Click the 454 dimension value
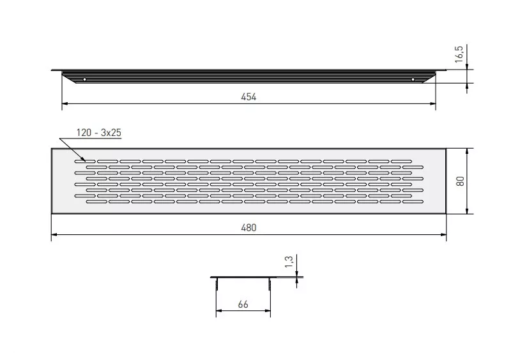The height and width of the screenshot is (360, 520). coord(249,97)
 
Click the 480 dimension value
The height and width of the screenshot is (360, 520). coord(249,228)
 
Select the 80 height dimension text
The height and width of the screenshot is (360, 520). coord(461,181)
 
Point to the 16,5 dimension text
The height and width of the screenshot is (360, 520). coord(459,54)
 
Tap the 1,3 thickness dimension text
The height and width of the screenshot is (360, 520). coord(289,262)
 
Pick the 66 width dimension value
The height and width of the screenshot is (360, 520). coord(243,304)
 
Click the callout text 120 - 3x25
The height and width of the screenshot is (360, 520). coord(99,133)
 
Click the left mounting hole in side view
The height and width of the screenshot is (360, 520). coord(84,79)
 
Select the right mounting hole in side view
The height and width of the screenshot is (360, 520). coord(413,79)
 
